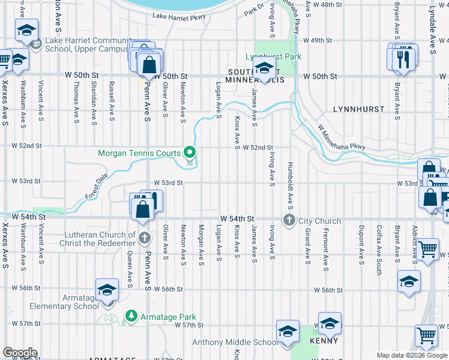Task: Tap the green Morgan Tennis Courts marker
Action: coord(190,152)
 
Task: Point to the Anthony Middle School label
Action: coord(235,343)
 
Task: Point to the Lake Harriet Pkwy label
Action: coord(179,17)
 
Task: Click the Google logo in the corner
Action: coord(19,353)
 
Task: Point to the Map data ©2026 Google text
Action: coord(412,355)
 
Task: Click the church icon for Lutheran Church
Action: coord(143,239)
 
